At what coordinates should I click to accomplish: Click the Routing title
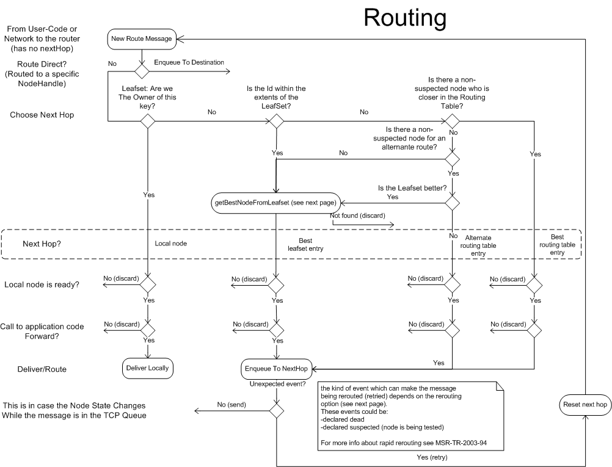click(404, 18)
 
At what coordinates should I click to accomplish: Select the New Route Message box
click(143, 39)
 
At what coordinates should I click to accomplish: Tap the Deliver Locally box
click(147, 367)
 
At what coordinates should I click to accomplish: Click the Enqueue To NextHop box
click(276, 368)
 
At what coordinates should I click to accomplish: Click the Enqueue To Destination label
click(189, 62)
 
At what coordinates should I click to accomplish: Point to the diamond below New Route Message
click(142, 72)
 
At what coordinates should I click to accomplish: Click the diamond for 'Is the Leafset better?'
click(452, 204)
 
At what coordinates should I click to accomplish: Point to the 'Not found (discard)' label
click(357, 215)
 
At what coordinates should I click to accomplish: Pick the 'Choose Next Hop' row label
click(42, 114)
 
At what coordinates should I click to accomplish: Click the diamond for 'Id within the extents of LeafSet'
click(277, 121)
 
